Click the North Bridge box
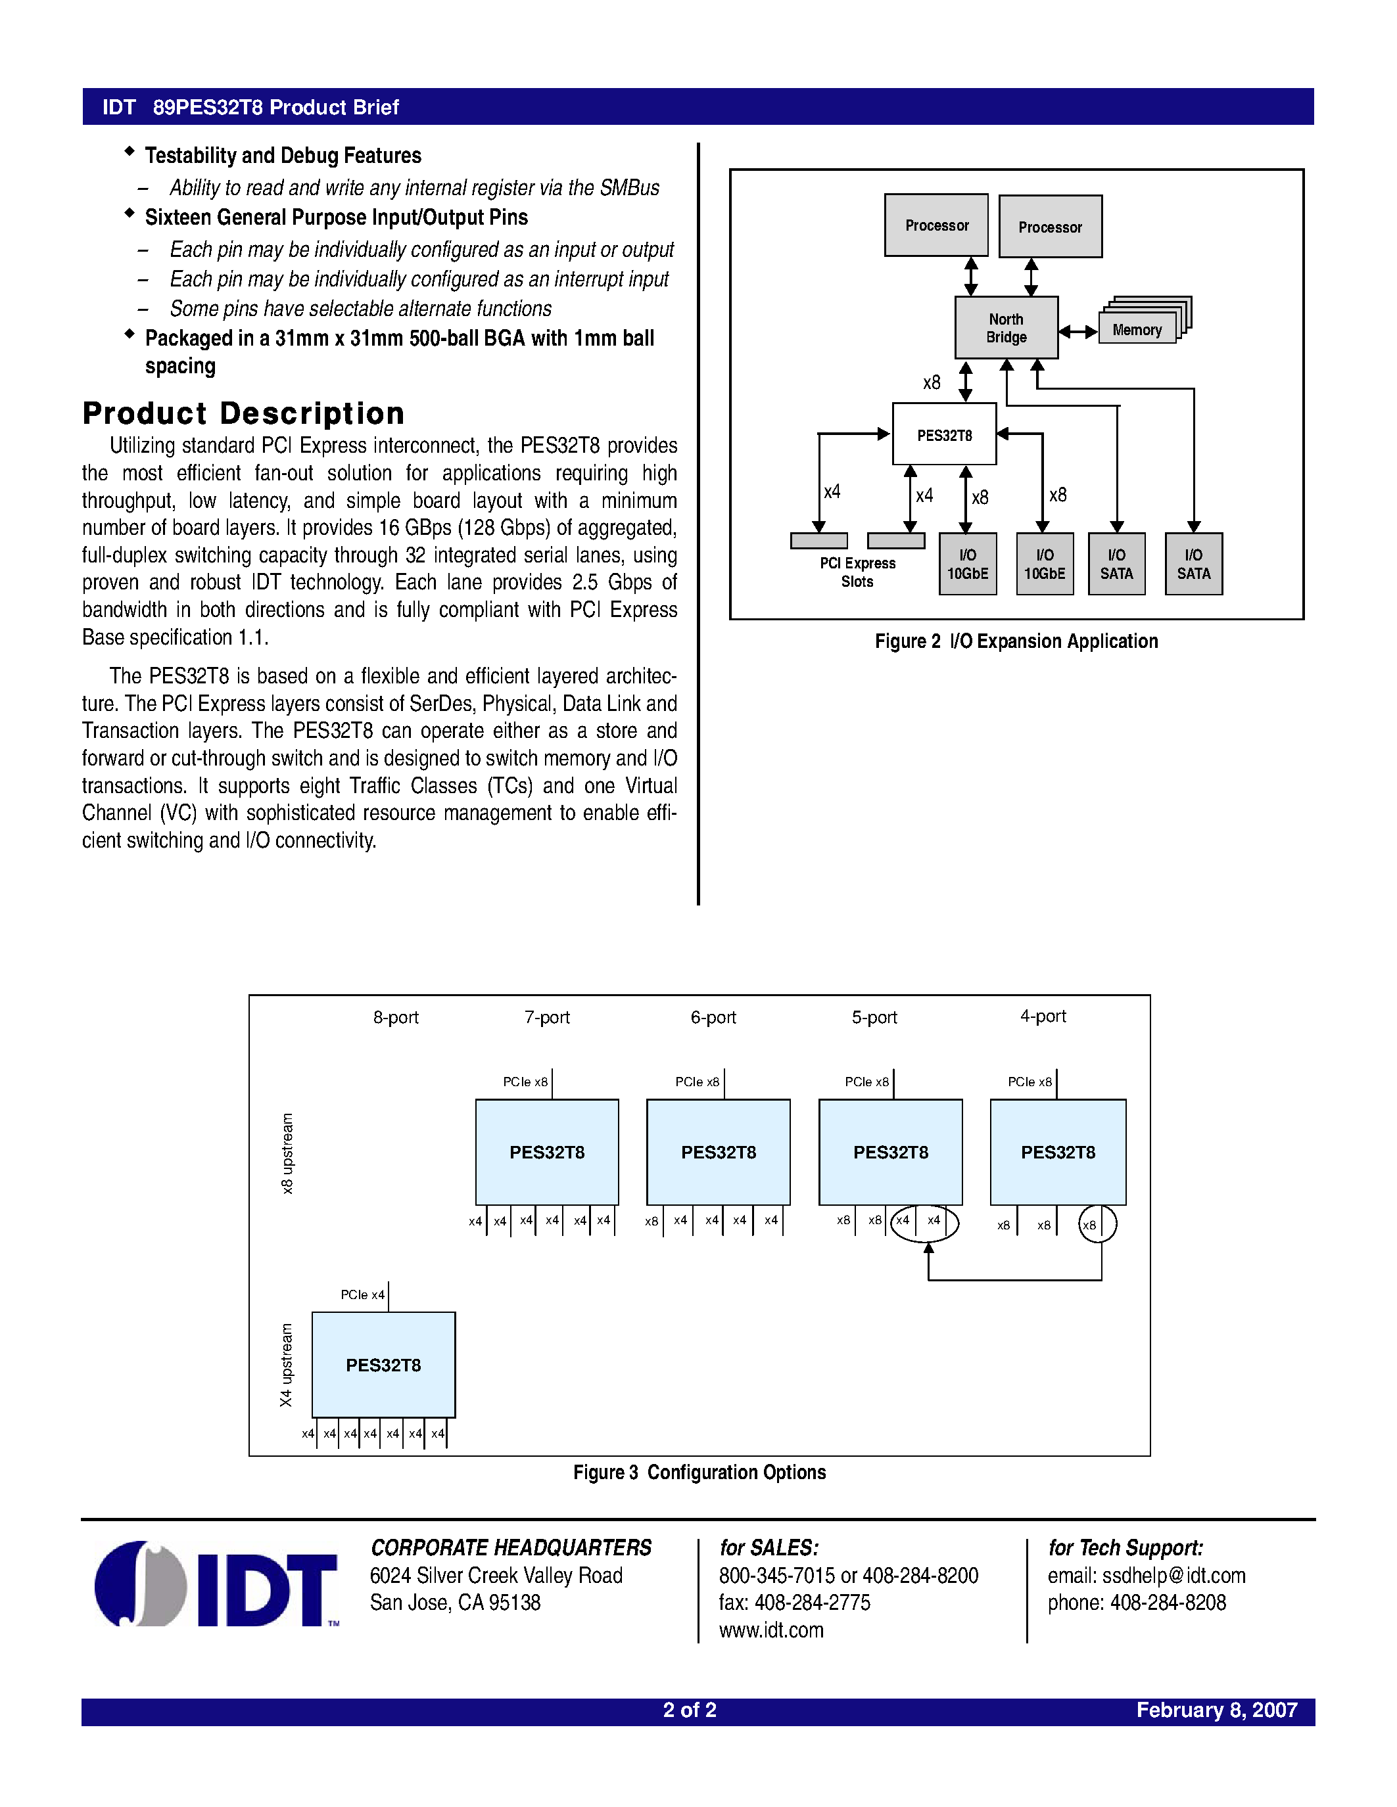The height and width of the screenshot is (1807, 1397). tap(1006, 328)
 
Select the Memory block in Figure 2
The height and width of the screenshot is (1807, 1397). tap(1137, 329)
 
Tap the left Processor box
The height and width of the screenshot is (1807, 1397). tap(936, 225)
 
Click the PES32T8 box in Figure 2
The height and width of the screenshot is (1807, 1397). tap(943, 434)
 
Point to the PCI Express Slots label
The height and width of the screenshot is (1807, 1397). tap(857, 572)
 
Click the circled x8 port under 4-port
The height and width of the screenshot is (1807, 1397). tap(1097, 1225)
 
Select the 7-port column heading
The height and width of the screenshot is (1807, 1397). tap(547, 1017)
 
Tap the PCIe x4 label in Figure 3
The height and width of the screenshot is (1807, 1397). tap(362, 1294)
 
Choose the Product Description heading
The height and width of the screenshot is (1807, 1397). tap(243, 413)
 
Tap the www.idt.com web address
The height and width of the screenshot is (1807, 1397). tap(770, 1630)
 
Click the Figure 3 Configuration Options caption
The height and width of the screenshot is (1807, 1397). tap(699, 1472)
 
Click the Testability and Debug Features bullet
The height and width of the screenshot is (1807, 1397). tap(282, 156)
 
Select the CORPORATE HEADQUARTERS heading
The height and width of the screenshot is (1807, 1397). tap(511, 1547)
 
